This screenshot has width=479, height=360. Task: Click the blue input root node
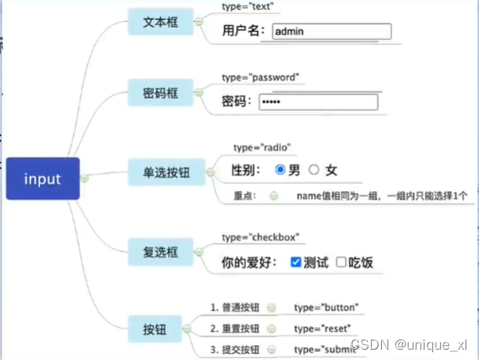pos(43,178)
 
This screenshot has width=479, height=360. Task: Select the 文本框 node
pos(160,22)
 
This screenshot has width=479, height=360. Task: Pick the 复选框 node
pos(160,253)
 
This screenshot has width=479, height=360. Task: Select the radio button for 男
pos(279,170)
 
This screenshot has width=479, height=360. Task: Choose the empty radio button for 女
pos(314,170)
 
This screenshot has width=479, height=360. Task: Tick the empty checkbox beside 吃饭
pos(341,262)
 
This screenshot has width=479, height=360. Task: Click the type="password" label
pos(260,77)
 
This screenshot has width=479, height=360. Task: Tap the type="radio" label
pos(262,148)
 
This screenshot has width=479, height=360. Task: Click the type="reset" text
pos(322,328)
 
